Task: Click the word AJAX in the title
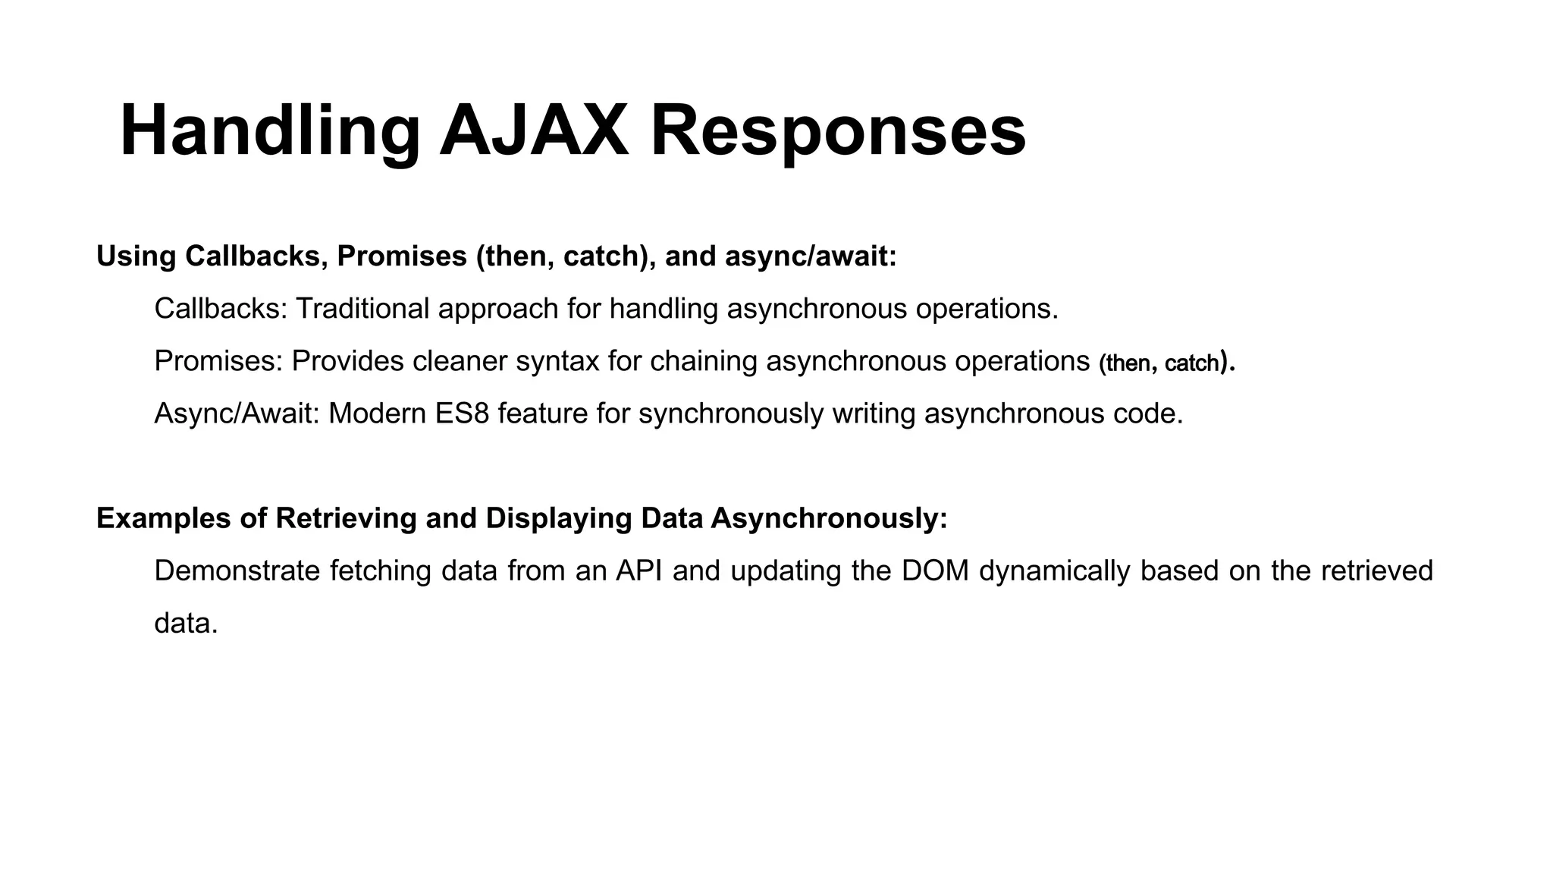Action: tap(534, 130)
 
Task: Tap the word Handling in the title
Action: tap(270, 130)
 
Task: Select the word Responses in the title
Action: tap(838, 130)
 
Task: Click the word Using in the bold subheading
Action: tap(136, 256)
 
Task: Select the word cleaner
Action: tap(460, 361)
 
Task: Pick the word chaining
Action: tap(703, 361)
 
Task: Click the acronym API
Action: tap(639, 571)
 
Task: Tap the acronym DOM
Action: tap(936, 571)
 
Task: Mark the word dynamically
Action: tap(1055, 571)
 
